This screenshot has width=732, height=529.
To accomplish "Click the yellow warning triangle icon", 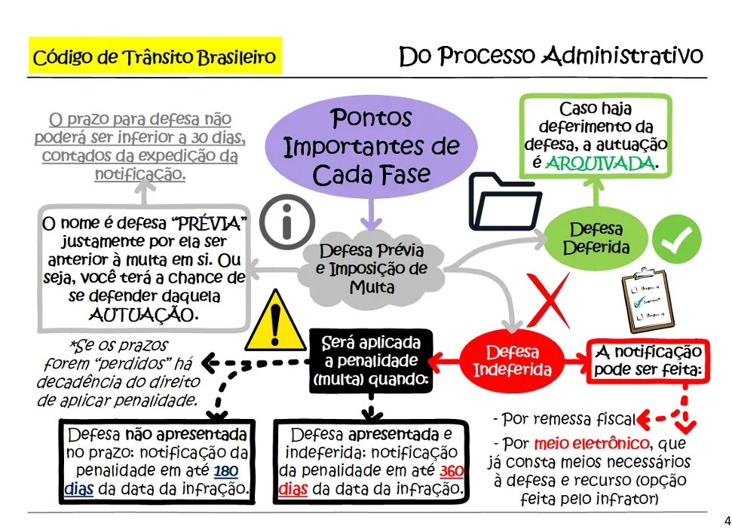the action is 275,322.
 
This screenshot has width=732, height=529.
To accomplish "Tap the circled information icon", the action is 287,222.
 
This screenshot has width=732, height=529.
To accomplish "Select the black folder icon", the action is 505,201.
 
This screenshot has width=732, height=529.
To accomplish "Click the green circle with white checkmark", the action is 676,240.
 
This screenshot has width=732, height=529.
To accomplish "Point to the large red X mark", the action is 549,300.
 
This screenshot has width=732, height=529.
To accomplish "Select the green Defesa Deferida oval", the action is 596,238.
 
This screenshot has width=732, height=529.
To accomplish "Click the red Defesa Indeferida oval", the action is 513,361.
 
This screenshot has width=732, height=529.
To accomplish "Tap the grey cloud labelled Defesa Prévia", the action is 372,269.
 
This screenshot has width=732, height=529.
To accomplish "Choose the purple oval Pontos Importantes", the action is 371,146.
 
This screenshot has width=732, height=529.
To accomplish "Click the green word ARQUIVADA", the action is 600,164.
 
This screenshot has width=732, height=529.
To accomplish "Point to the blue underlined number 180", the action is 226,471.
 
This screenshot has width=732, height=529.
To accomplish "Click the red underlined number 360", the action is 452,471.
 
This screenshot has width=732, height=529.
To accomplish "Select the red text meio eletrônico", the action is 592,443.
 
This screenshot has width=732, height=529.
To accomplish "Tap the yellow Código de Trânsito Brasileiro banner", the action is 155,56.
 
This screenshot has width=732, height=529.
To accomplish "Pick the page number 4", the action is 727,521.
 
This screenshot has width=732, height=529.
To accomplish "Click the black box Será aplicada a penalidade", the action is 371,361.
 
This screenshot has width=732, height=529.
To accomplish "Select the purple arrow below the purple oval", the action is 371,215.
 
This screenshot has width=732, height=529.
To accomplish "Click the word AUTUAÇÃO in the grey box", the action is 144,315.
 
